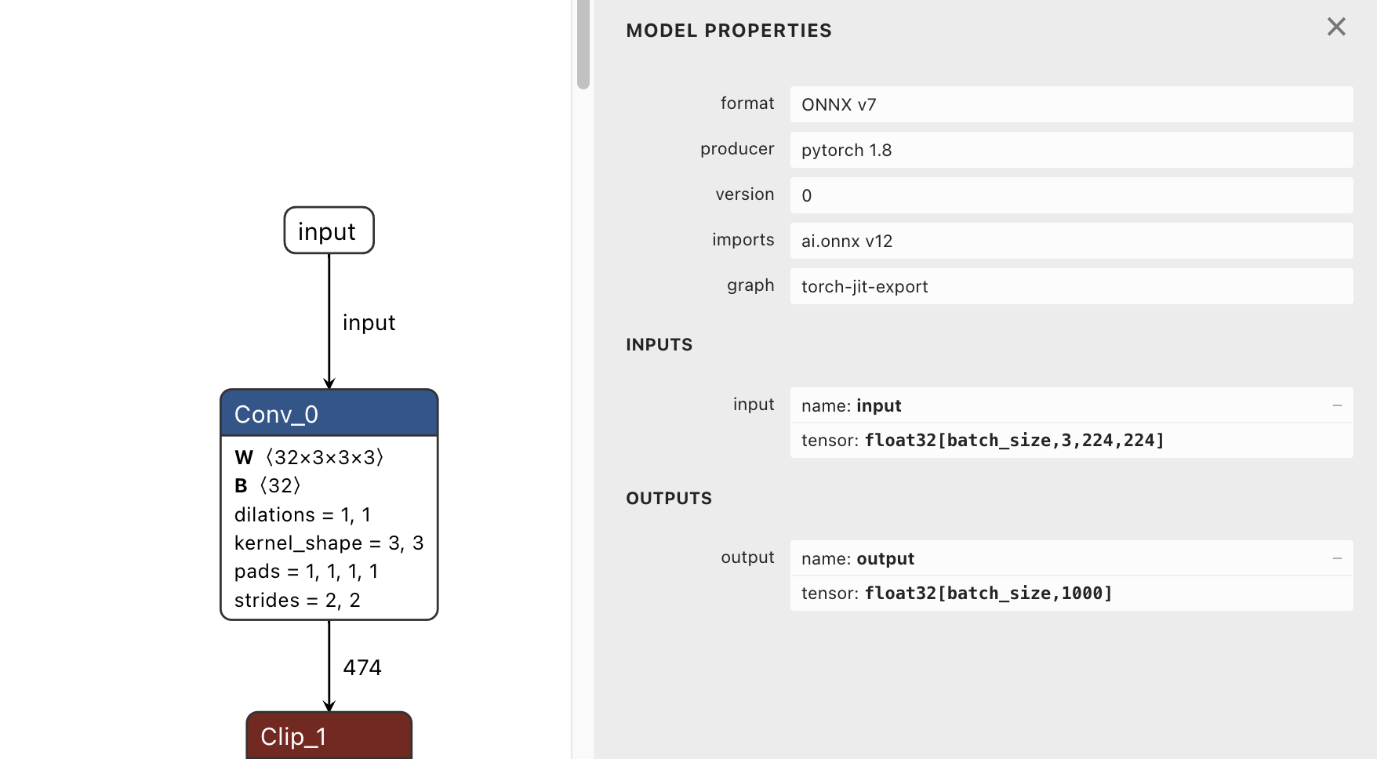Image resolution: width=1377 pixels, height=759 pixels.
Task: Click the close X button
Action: tap(1336, 27)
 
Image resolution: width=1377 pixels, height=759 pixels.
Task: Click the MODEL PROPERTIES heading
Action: tap(728, 31)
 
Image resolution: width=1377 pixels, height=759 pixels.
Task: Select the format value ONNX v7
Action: tap(1071, 104)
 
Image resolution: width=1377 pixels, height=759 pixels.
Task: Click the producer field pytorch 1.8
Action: tap(1071, 150)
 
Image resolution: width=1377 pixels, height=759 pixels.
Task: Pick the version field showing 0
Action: tap(1071, 195)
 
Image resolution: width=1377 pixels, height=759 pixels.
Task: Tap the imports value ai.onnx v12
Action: tap(1071, 241)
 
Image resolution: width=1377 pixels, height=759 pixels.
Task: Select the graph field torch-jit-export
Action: tap(1071, 286)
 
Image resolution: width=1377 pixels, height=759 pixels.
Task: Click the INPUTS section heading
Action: tap(659, 345)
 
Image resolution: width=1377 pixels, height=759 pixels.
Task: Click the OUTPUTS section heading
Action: tap(669, 499)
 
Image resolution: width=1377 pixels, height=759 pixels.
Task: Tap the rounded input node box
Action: tap(329, 231)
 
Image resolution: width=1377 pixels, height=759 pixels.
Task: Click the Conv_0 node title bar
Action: tap(329, 413)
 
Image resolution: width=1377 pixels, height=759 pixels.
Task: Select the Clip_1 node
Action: tap(329, 736)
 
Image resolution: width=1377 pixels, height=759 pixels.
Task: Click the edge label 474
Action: tap(362, 667)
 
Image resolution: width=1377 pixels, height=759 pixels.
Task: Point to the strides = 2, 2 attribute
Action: tap(297, 601)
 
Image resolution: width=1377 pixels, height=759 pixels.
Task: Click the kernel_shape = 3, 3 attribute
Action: tap(329, 543)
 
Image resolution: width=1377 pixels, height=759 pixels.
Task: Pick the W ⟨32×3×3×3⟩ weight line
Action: tap(309, 457)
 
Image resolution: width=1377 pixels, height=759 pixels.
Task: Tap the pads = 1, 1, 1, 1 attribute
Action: tap(306, 572)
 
